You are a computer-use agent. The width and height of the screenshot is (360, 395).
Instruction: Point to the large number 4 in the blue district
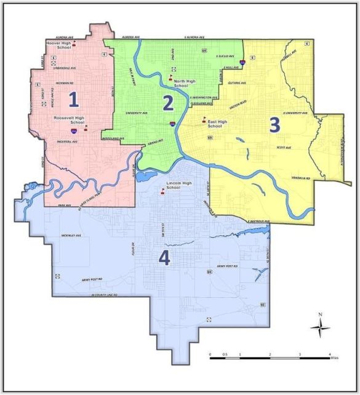point(164,259)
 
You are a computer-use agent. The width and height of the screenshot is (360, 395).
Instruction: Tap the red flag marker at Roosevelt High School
point(86,127)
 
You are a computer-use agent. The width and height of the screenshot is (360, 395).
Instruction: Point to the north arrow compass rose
point(320,328)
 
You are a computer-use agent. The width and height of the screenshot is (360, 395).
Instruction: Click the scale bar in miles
point(270,357)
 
